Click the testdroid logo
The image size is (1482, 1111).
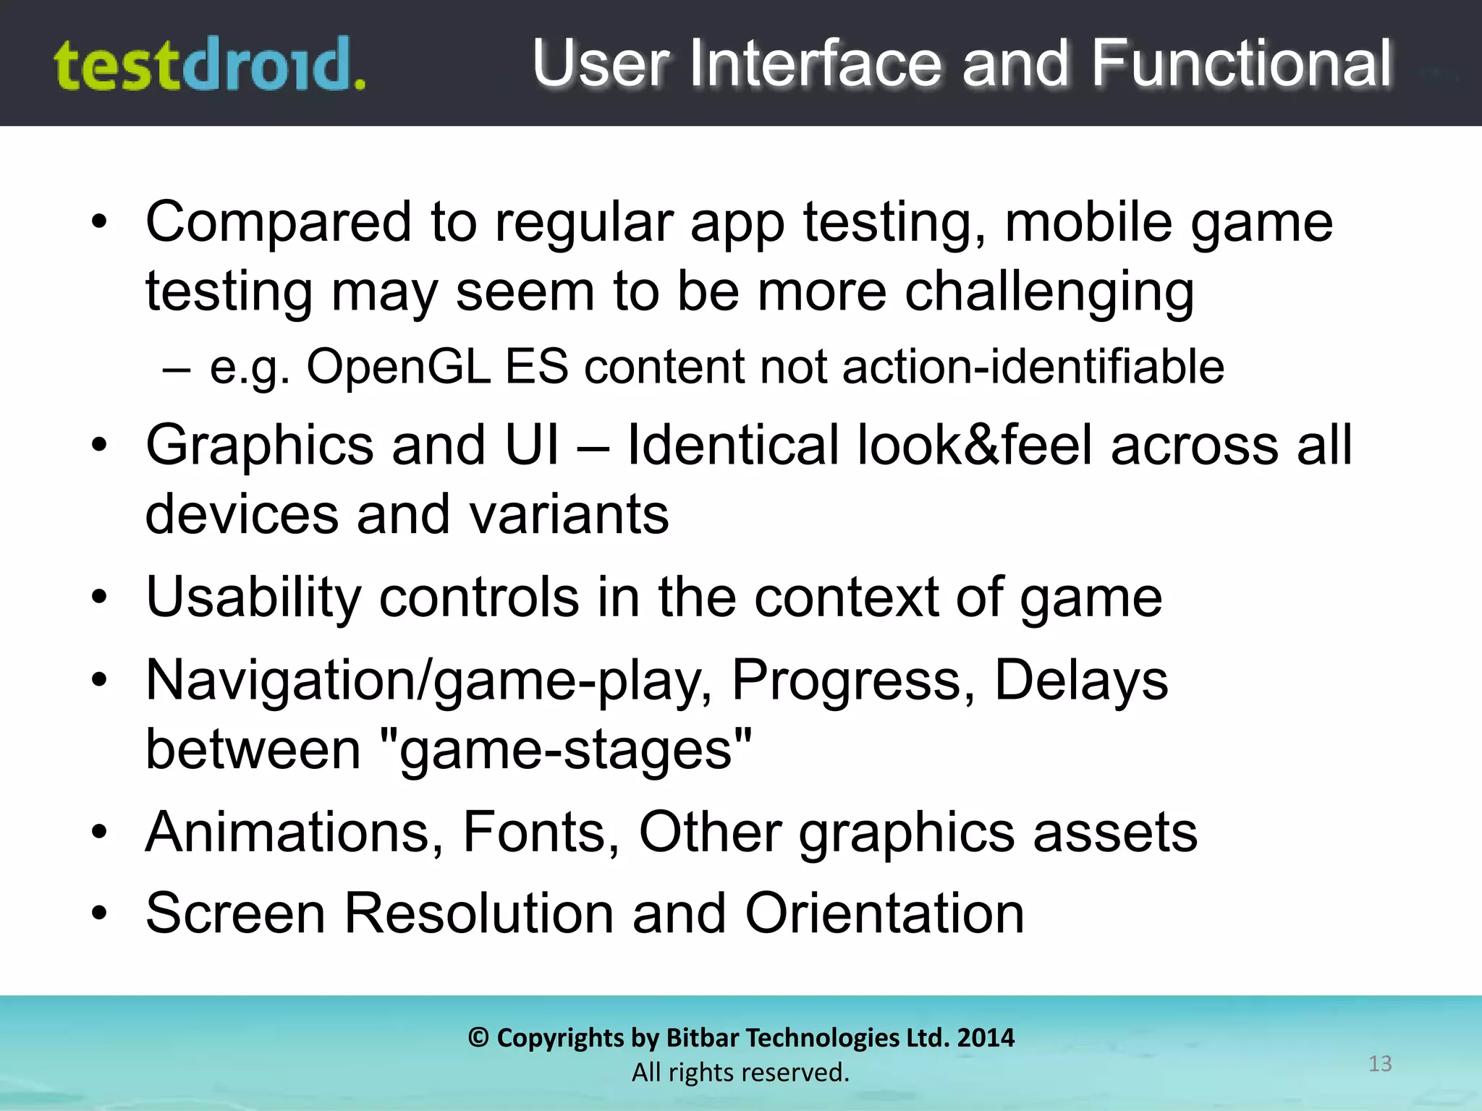210,65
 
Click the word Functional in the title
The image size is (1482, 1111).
1240,64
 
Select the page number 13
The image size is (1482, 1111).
1380,1064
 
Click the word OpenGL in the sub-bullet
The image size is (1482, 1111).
398,367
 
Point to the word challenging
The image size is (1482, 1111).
1049,292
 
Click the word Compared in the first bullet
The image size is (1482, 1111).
279,223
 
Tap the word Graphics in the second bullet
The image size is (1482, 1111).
259,445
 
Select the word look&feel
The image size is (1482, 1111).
974,445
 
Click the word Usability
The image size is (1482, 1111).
253,598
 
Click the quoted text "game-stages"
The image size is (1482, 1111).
565,750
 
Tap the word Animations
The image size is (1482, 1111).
294,833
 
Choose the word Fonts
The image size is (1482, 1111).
541,833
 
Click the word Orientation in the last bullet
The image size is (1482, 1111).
884,914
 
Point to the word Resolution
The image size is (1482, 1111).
479,914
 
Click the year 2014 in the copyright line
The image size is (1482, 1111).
986,1038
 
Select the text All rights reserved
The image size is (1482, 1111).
740,1073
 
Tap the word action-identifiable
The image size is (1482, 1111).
1033,367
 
